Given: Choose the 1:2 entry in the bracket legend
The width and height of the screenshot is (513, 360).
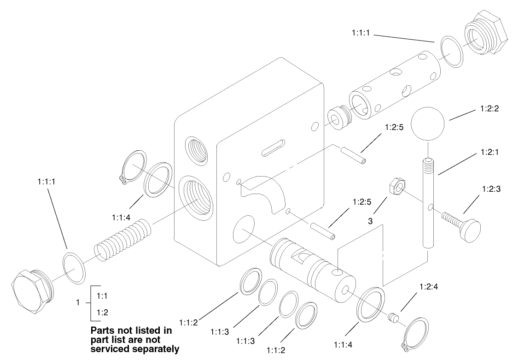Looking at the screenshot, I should point(102,312).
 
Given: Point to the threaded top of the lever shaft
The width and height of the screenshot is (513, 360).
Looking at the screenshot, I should point(428,164).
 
